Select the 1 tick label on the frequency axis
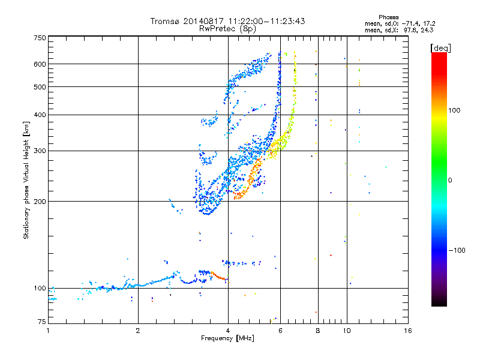click(48, 331)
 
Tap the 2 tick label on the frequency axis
click(138, 331)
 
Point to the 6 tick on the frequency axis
click(280, 331)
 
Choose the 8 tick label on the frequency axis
click(317, 331)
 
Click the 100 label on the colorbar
click(455, 110)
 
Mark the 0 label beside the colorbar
click(450, 180)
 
